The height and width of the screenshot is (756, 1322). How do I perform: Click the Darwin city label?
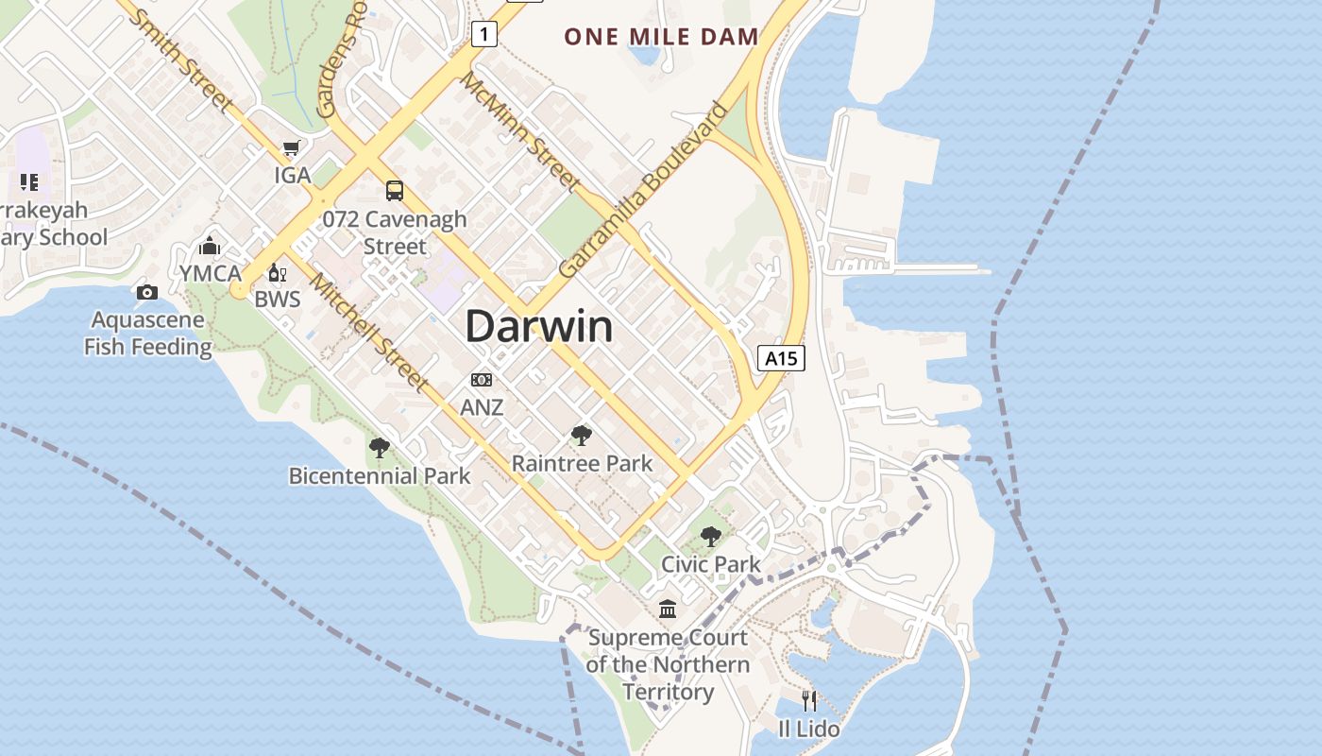pyautogui.click(x=538, y=327)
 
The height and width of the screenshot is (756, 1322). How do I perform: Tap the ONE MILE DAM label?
pyautogui.click(x=661, y=38)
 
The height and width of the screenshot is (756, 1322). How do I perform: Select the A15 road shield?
pyautogui.click(x=781, y=358)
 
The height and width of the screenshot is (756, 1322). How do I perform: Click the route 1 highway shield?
pyautogui.click(x=484, y=35)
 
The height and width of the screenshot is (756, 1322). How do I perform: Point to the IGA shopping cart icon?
pyautogui.click(x=291, y=148)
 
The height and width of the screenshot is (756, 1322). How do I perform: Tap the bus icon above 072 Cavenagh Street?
pyautogui.click(x=395, y=191)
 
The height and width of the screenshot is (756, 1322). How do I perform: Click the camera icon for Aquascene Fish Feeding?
pyautogui.click(x=146, y=292)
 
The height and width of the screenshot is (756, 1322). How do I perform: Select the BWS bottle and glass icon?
pyautogui.click(x=277, y=273)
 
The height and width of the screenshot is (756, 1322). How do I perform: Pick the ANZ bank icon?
pyautogui.click(x=482, y=380)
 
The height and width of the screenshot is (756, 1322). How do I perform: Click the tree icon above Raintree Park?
pyautogui.click(x=582, y=436)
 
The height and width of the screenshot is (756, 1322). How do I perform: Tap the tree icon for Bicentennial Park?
pyautogui.click(x=380, y=448)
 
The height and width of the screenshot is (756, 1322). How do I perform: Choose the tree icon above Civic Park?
pyautogui.click(x=710, y=537)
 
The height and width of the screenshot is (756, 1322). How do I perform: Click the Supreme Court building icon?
pyautogui.click(x=668, y=610)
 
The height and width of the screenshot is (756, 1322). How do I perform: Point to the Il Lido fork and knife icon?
pyautogui.click(x=809, y=700)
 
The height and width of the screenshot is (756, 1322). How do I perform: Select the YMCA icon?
pyautogui.click(x=210, y=247)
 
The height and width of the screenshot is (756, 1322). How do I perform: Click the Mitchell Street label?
pyautogui.click(x=369, y=333)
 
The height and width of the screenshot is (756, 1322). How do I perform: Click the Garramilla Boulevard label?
pyautogui.click(x=644, y=189)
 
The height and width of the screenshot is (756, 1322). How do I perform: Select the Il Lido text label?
pyautogui.click(x=808, y=729)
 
